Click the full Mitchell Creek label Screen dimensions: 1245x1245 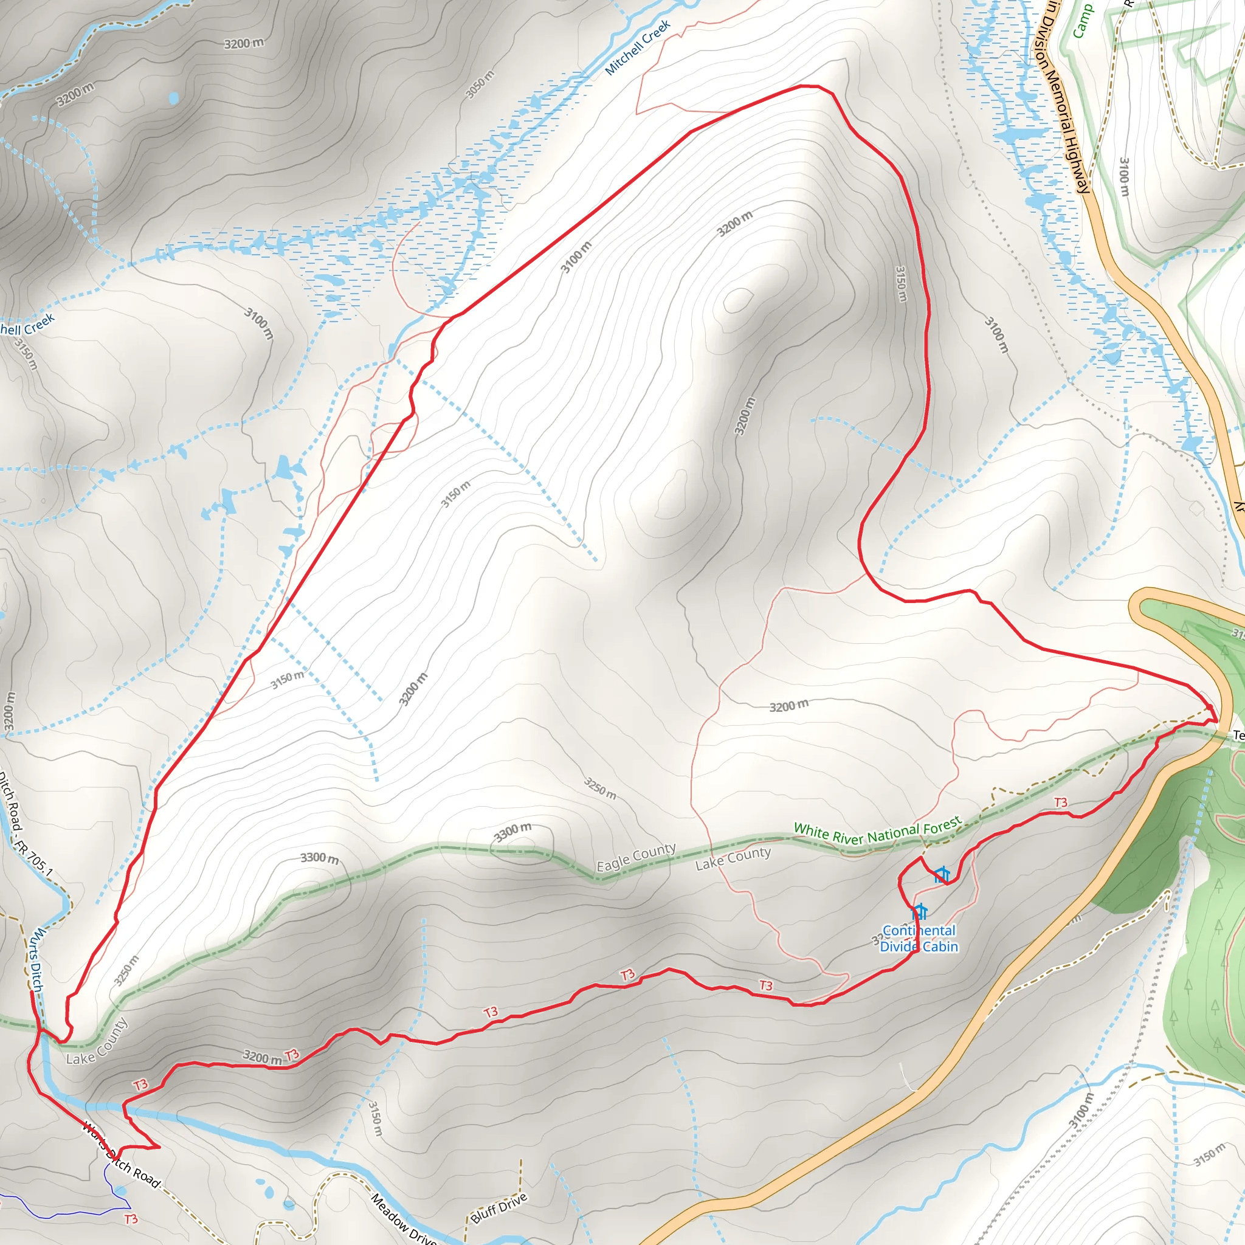(x=637, y=47)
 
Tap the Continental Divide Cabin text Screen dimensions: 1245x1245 (x=919, y=938)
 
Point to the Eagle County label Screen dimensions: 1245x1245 (x=636, y=857)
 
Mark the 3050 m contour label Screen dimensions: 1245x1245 (x=480, y=84)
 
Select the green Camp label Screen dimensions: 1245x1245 (x=1083, y=21)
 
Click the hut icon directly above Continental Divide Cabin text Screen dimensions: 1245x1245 (x=919, y=912)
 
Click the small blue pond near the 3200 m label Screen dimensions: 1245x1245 (x=173, y=98)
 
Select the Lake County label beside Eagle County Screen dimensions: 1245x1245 (x=733, y=858)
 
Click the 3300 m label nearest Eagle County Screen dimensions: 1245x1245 (x=513, y=833)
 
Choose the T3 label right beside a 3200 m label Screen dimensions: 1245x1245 (x=292, y=1055)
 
